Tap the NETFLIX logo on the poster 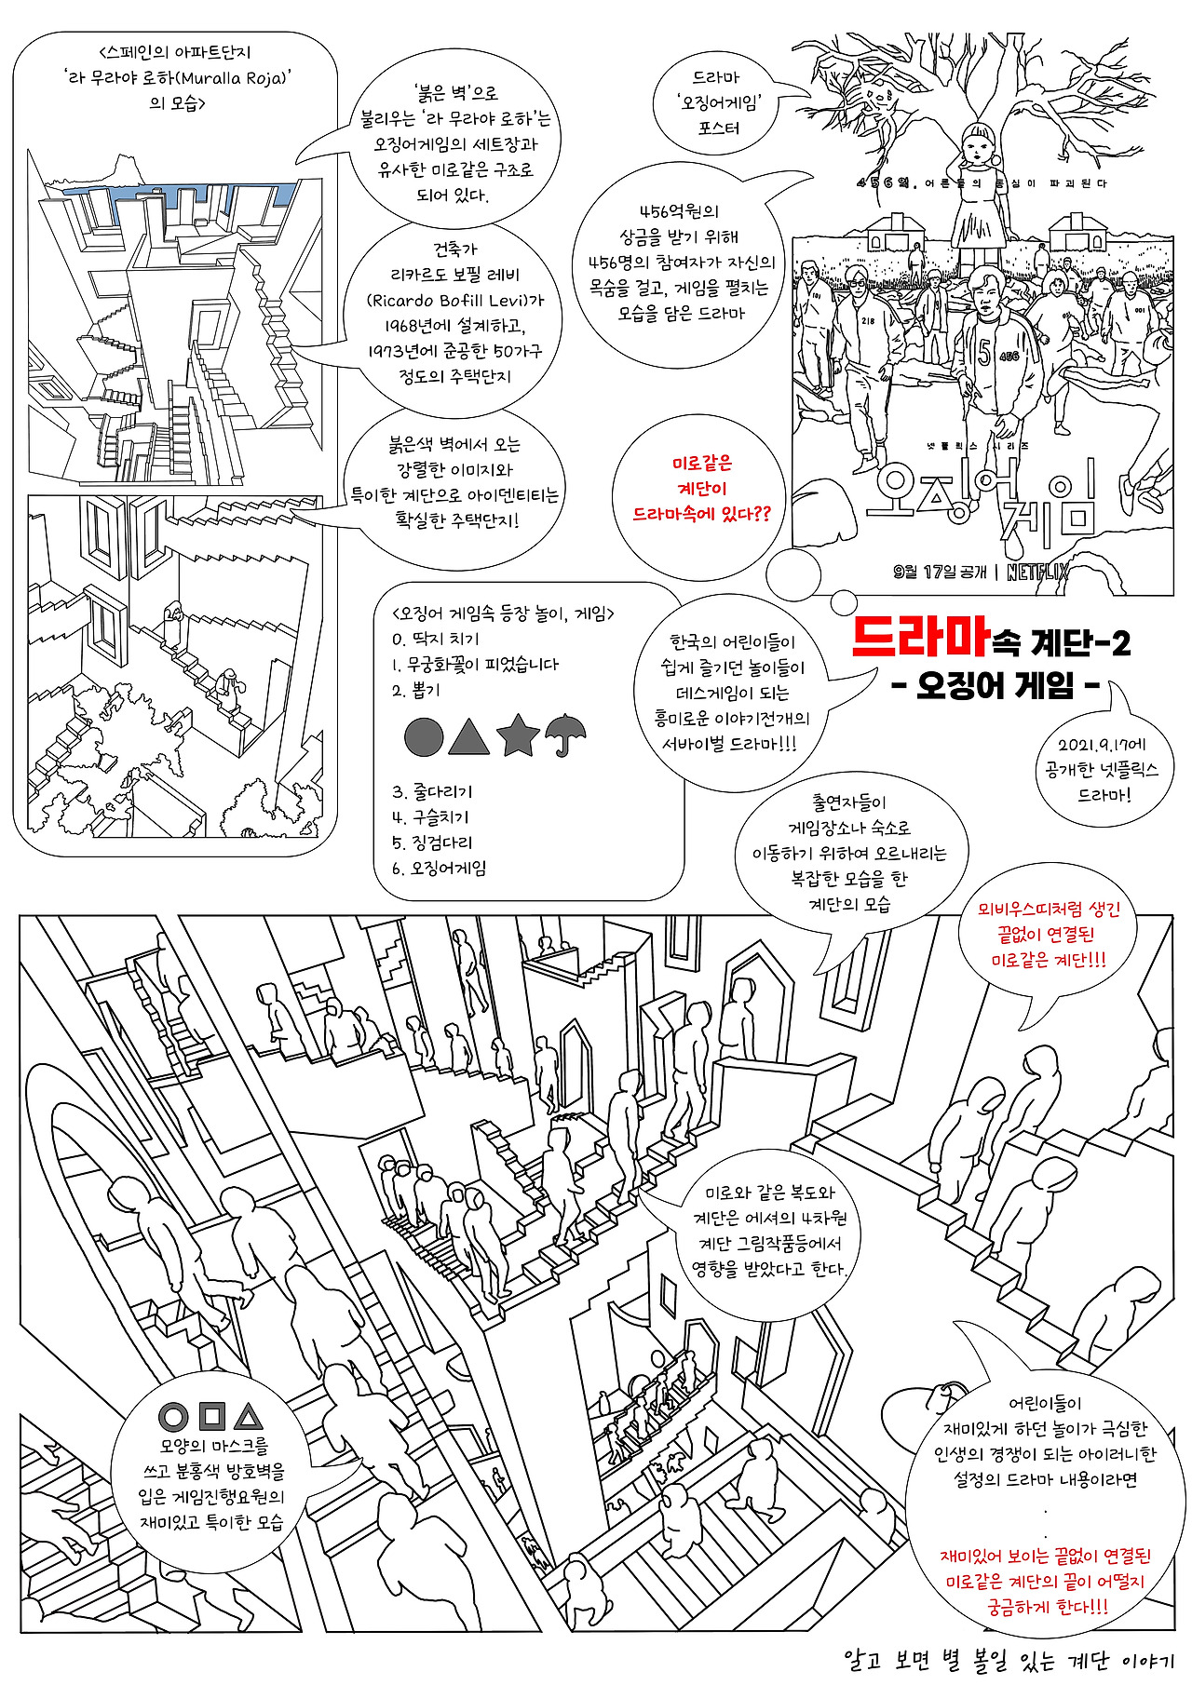[1037, 572]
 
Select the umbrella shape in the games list [565, 734]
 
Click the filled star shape [518, 735]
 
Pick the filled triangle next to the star [468, 735]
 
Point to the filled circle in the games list [424, 736]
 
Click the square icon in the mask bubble [212, 1416]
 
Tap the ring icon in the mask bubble [173, 1417]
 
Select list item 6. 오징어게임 [439, 869]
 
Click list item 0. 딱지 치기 [436, 640]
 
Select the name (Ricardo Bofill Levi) [454, 301]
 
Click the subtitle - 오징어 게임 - [996, 686]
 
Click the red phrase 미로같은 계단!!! [1049, 960]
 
